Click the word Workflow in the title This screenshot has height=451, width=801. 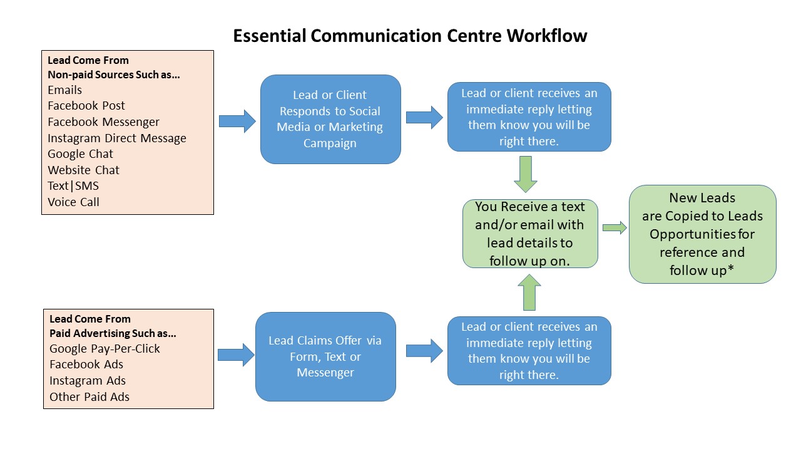(x=547, y=36)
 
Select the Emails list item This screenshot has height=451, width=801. (x=64, y=90)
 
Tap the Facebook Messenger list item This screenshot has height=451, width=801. (x=103, y=122)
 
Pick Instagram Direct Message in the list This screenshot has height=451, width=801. (x=117, y=138)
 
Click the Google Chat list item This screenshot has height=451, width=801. (x=80, y=154)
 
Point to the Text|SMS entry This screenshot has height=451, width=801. (x=73, y=186)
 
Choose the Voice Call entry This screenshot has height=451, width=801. (x=73, y=202)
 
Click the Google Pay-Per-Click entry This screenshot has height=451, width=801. (x=105, y=349)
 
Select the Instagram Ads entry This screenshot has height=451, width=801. (x=87, y=380)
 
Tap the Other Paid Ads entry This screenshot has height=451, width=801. (x=89, y=397)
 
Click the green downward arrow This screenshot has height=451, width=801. (x=525, y=174)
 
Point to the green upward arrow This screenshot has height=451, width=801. (x=529, y=292)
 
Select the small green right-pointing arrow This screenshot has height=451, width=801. (x=615, y=227)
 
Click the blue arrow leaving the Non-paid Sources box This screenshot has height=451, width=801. (x=237, y=121)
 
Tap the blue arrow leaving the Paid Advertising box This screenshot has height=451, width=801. (x=236, y=355)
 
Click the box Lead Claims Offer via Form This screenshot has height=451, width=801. (x=325, y=356)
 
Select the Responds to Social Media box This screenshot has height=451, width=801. (x=330, y=119)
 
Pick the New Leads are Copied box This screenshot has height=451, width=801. (x=702, y=234)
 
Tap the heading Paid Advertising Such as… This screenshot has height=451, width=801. (x=113, y=333)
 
